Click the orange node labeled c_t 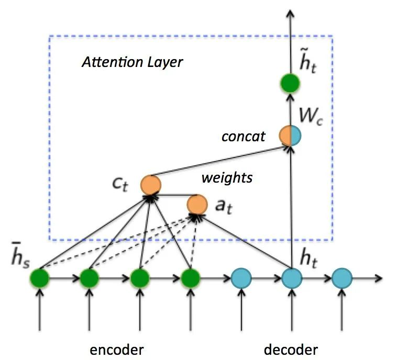click(150, 185)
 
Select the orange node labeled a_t click(197, 205)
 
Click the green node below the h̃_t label click(290, 83)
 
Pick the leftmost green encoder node click(40, 277)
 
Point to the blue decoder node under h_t click(291, 277)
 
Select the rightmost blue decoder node click(342, 277)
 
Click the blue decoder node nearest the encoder click(241, 277)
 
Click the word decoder click(291, 349)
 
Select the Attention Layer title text click(132, 63)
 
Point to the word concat click(243, 137)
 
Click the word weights click(227, 178)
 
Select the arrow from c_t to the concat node click(220, 162)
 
